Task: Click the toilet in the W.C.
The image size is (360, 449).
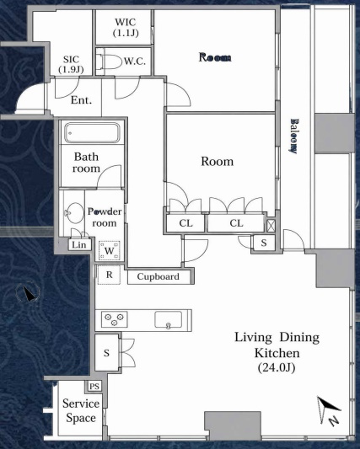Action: [x=109, y=61]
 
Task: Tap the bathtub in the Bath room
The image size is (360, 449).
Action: [x=92, y=133]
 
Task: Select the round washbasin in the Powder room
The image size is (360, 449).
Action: [x=75, y=212]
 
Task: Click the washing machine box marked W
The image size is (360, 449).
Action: [x=110, y=251]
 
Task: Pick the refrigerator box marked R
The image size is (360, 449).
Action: [x=109, y=275]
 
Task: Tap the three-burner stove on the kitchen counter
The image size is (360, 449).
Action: [x=114, y=319]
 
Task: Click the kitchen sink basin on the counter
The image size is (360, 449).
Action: [x=168, y=319]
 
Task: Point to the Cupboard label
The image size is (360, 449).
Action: [x=159, y=276]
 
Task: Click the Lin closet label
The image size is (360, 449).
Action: [x=78, y=245]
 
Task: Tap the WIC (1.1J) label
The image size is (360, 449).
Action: [x=126, y=28]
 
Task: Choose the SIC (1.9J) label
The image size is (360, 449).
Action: [x=71, y=64]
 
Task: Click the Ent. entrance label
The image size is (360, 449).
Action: [x=82, y=100]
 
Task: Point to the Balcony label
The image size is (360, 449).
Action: [x=293, y=136]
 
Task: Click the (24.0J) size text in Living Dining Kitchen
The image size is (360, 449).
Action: [x=277, y=367]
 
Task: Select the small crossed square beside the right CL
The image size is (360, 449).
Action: [x=271, y=226]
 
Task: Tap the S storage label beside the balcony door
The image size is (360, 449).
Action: [x=264, y=243]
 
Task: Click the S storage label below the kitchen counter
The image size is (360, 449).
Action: [x=106, y=353]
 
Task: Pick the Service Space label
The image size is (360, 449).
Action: [x=81, y=410]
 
